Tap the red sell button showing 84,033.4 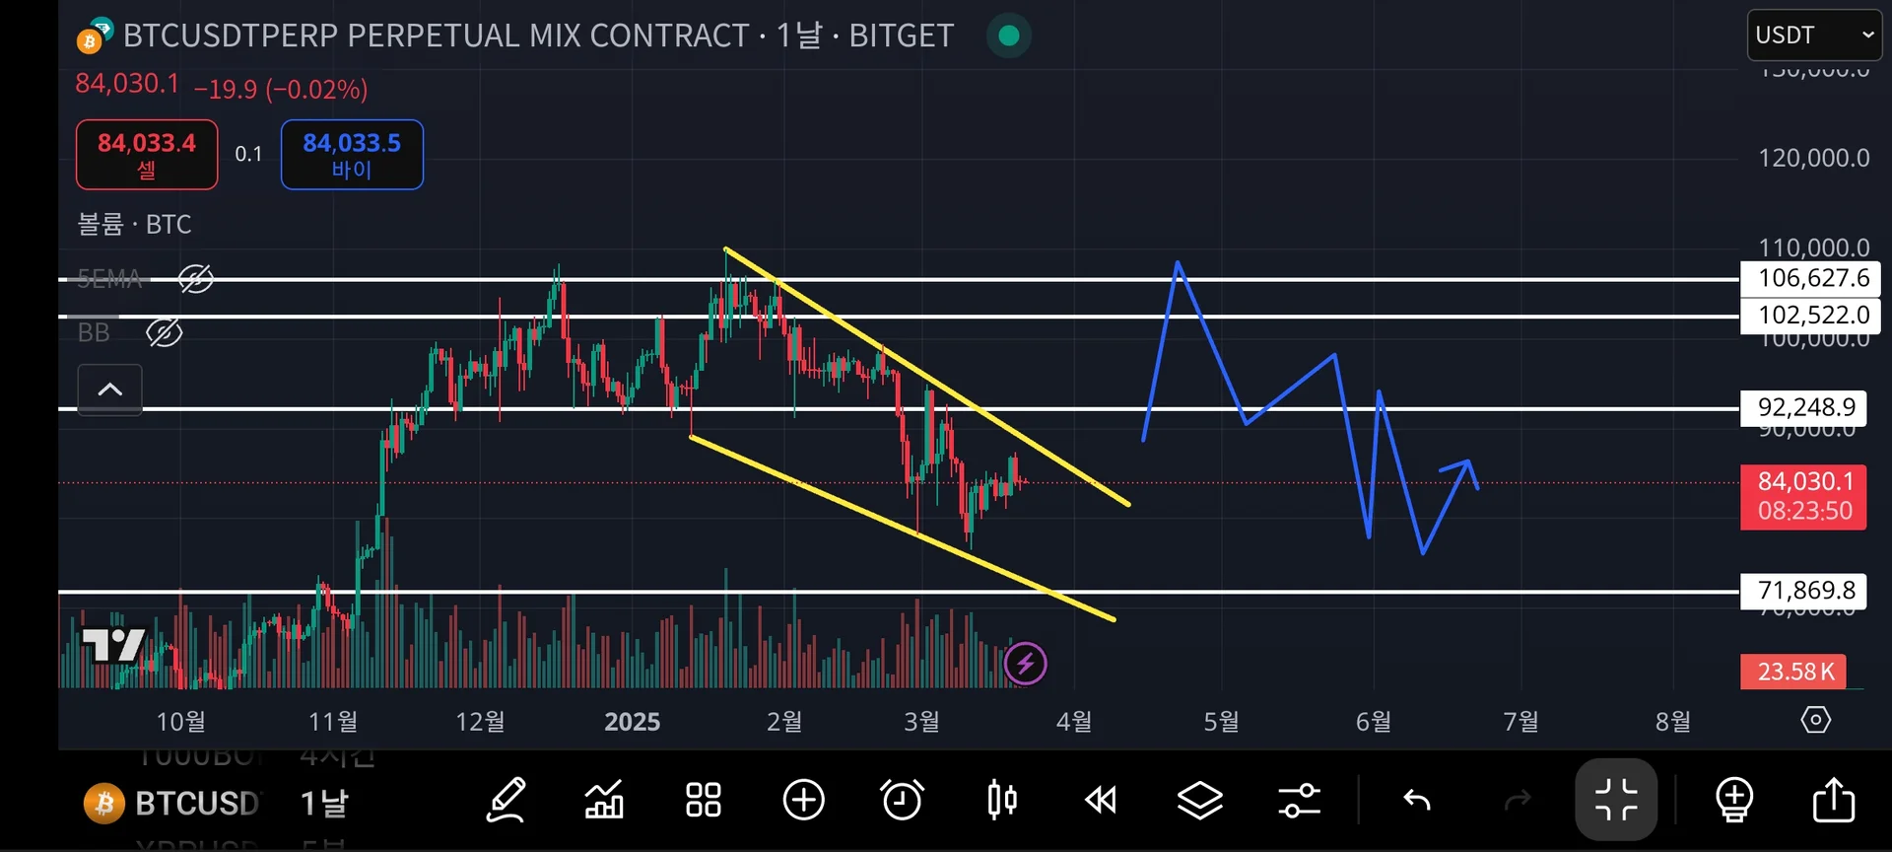point(147,154)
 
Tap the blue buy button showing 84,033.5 point(352,154)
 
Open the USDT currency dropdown point(1814,35)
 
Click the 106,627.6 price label point(1811,278)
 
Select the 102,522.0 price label point(1811,316)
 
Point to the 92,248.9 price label point(1805,407)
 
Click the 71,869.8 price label point(1805,591)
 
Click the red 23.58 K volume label point(1794,672)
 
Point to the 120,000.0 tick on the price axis point(1813,158)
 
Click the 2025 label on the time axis point(632,722)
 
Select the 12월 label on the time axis point(480,722)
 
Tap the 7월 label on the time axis point(1520,722)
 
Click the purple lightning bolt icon point(1025,664)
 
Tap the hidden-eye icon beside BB point(165,333)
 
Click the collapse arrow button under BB point(109,390)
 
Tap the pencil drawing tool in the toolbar point(507,800)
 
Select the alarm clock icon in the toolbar point(902,800)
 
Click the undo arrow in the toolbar point(1417,800)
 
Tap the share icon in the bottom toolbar point(1833,800)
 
